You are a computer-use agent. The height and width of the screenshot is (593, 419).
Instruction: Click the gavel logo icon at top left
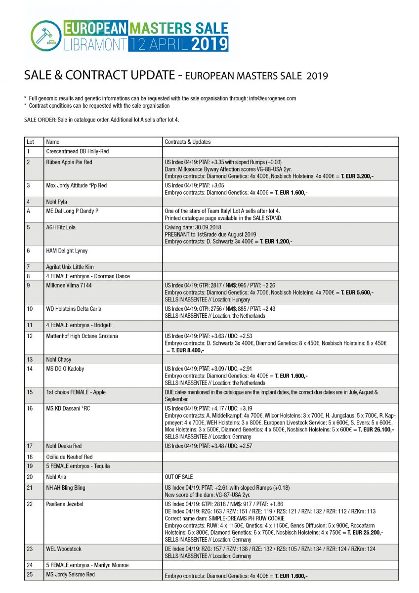click(45, 36)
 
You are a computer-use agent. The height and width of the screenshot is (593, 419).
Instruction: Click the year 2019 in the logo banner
click(209, 44)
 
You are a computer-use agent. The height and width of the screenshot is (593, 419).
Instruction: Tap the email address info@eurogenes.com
click(272, 98)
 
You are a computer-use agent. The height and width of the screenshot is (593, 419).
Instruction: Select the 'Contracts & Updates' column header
click(188, 142)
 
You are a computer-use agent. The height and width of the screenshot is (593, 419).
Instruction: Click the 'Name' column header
click(52, 142)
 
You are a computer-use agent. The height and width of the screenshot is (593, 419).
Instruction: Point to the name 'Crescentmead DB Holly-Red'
click(77, 151)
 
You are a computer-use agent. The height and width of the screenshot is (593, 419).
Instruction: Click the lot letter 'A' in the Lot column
click(29, 211)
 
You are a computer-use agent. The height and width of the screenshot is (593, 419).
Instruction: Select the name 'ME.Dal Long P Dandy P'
click(72, 211)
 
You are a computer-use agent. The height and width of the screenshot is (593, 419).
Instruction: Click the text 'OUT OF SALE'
click(179, 477)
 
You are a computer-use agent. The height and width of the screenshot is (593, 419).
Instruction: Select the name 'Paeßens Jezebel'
click(65, 504)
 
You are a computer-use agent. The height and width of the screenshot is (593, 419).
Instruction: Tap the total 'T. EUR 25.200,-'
click(365, 532)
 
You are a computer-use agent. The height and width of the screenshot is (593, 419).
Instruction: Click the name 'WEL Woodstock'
click(64, 549)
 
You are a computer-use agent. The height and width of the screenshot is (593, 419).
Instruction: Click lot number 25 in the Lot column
click(30, 574)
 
